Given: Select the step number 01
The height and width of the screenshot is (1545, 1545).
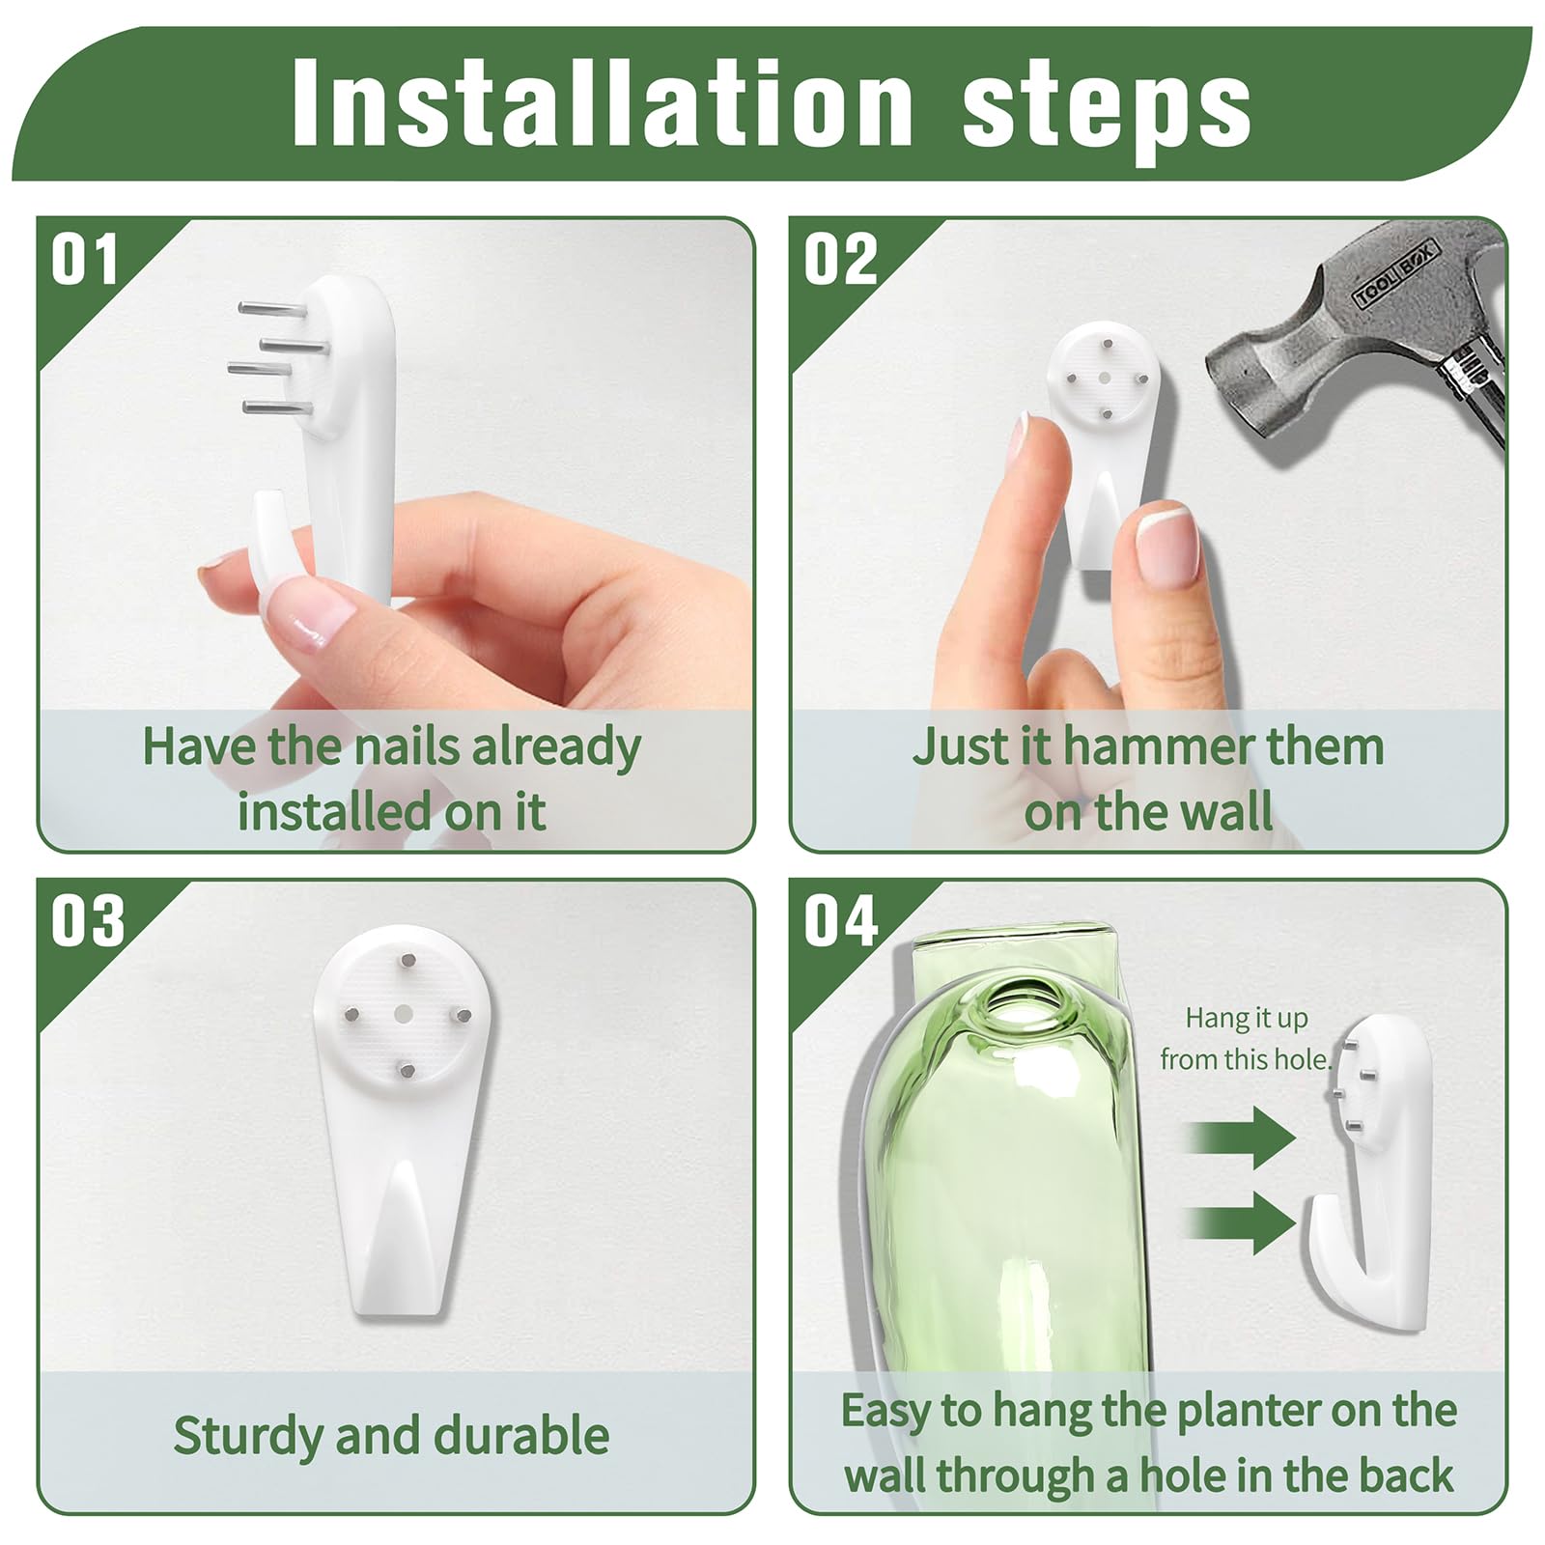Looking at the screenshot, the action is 85,260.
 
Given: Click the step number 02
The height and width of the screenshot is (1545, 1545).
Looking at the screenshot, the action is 841,260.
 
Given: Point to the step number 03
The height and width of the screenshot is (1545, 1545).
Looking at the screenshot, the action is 88,921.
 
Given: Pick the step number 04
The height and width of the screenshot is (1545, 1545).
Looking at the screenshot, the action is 841,921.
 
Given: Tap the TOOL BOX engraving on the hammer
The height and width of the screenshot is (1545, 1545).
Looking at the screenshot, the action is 1397,274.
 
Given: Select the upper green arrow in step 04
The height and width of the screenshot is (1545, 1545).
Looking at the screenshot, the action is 1240,1137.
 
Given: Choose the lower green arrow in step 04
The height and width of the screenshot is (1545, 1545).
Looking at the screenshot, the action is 1240,1222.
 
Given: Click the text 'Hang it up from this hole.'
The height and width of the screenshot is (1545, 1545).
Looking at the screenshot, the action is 1247,1039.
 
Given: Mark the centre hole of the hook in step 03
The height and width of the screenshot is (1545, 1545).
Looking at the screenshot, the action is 405,1013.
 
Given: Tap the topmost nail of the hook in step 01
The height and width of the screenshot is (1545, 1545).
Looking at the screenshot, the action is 272,309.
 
